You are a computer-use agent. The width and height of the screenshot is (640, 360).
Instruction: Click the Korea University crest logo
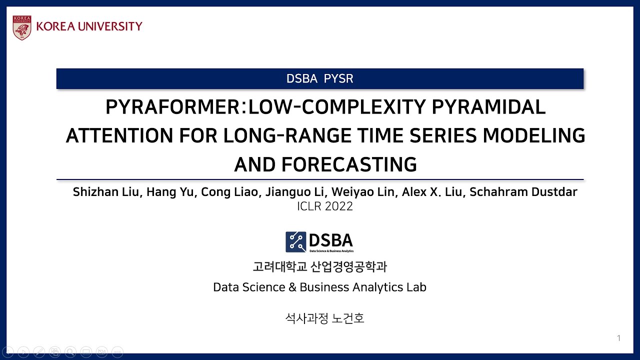click(x=22, y=27)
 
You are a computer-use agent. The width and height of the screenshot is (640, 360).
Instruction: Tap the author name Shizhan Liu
click(x=106, y=192)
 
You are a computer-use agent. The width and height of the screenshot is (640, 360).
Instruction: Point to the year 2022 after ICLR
click(x=339, y=206)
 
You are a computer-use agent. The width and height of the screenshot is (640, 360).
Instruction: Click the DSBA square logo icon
click(x=295, y=241)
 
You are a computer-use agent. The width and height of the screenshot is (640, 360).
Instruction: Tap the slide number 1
click(x=618, y=338)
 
